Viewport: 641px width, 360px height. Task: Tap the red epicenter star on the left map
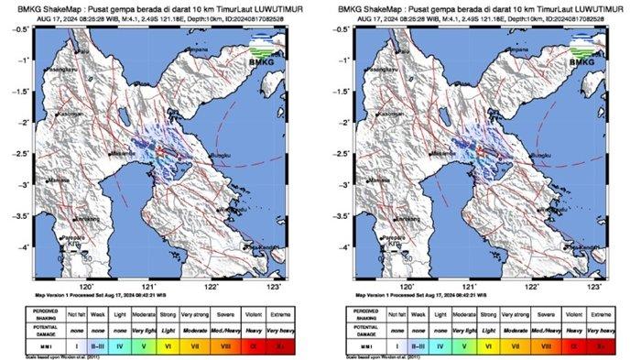coord(157,147)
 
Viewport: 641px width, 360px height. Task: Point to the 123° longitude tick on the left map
coord(274,285)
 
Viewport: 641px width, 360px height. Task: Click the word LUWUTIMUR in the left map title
coord(261,8)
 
